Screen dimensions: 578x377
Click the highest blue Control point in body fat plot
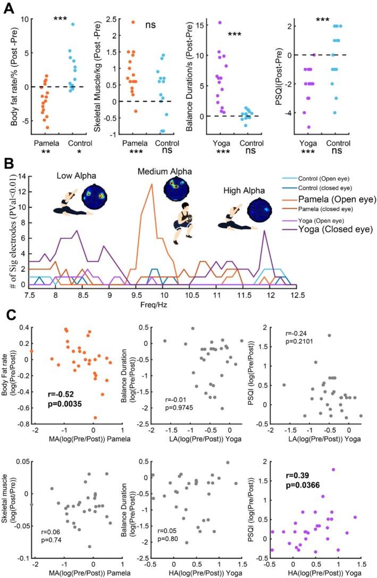(73, 24)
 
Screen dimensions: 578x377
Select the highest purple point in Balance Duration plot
(219, 22)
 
